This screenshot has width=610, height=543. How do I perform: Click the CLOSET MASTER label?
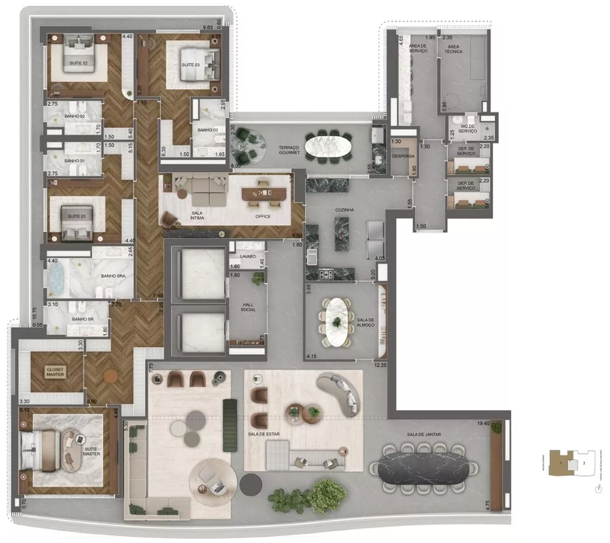(x=56, y=371)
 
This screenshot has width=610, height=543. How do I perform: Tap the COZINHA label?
(x=345, y=210)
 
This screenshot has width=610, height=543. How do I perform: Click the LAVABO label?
(x=248, y=257)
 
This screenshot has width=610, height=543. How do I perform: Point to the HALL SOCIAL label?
(x=248, y=306)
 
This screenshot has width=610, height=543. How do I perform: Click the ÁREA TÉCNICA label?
(x=454, y=49)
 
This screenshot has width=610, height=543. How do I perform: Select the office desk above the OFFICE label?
(x=264, y=193)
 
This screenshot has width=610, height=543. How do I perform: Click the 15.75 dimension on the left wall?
(x=35, y=313)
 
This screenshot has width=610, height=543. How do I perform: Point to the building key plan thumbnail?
(x=567, y=462)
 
